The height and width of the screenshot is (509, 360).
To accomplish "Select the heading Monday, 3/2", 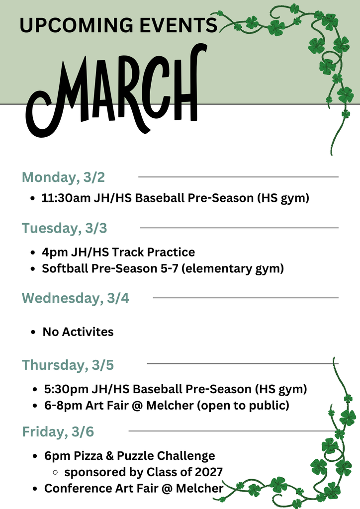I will click(x=63, y=177).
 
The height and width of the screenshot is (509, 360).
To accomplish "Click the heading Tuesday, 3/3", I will click(x=64, y=228).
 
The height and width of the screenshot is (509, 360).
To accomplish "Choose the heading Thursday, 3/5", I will click(x=68, y=365).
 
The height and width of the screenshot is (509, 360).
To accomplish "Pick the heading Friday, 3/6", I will click(x=58, y=432).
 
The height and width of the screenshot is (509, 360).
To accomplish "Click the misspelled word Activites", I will click(x=88, y=332).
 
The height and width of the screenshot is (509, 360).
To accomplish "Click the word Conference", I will click(x=75, y=488).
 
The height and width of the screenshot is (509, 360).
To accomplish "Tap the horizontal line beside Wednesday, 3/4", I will click(x=245, y=298).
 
